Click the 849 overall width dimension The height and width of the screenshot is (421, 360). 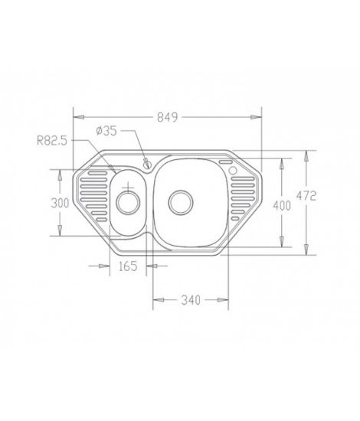[x=168, y=117]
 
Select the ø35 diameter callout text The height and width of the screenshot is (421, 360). [x=106, y=131]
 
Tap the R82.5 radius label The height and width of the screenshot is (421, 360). [x=52, y=141]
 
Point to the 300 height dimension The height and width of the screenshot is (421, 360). [x=60, y=203]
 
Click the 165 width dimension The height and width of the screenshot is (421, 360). [x=128, y=266]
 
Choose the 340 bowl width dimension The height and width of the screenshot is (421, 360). [x=191, y=300]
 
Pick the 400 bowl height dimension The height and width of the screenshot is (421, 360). [x=282, y=206]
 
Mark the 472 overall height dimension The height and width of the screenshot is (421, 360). [x=306, y=196]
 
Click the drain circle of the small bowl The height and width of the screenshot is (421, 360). [x=128, y=203]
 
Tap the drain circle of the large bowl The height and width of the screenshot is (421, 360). [x=181, y=203]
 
